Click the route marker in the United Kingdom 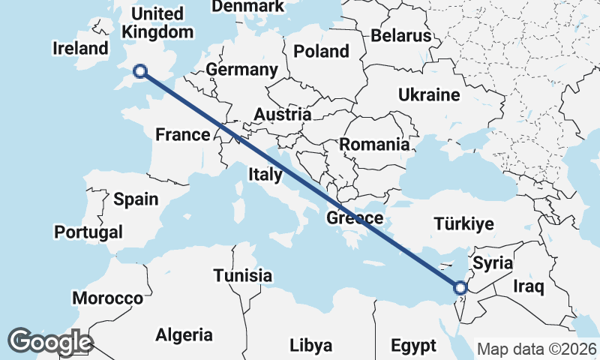click(139, 71)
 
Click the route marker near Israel click(460, 287)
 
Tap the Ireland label click(81, 49)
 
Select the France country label click(181, 135)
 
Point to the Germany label click(241, 70)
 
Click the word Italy click(265, 175)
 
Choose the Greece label click(355, 219)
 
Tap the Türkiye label click(463, 224)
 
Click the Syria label click(493, 263)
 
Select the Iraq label click(528, 286)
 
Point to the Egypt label click(413, 346)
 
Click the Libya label click(310, 346)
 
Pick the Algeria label click(184, 335)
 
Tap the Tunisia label click(242, 275)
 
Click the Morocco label click(107, 298)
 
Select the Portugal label click(88, 232)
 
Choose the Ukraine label click(428, 95)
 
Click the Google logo click(49, 342)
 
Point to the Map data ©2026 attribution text click(536, 349)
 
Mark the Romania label click(374, 145)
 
